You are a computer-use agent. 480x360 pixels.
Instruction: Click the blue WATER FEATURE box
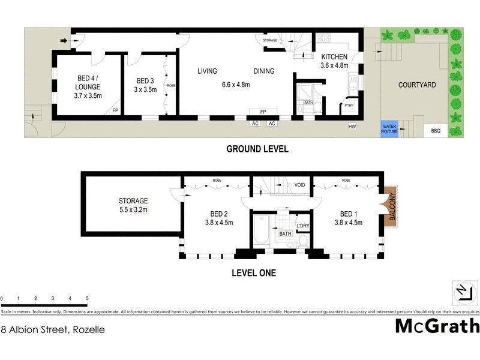tap(389, 128)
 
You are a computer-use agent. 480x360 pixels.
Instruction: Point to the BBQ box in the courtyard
tap(435, 130)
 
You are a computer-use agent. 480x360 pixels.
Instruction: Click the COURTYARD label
tap(417, 85)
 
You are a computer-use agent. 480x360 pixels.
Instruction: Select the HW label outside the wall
tap(352, 127)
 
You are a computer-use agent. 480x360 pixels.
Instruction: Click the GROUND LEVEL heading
tap(257, 149)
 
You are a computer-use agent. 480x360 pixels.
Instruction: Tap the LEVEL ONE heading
tap(254, 273)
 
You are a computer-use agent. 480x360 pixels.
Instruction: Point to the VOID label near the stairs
tap(300, 185)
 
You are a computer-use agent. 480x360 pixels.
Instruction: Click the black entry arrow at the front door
tap(64, 41)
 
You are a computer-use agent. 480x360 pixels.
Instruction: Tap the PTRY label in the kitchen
tap(348, 106)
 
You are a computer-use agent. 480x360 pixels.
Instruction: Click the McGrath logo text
tap(437, 326)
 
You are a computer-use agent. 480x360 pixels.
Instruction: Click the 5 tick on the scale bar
tap(87, 298)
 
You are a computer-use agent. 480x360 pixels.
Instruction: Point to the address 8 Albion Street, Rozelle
tap(53, 329)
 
